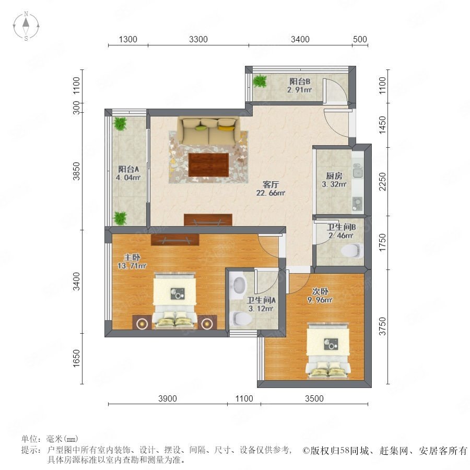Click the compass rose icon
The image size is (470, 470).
tap(26, 26)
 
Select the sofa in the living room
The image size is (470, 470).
tap(209, 131)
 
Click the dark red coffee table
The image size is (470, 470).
tap(208, 165)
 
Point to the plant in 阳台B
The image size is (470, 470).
tap(260, 80)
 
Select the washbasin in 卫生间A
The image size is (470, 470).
tap(239, 284)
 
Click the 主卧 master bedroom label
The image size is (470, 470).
tap(132, 257)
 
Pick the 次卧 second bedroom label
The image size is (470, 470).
tap(320, 291)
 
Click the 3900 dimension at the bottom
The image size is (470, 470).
tap(168, 398)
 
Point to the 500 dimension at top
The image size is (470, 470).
tap(360, 39)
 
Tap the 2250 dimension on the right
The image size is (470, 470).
tap(383, 182)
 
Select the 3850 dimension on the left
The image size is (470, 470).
tap(77, 171)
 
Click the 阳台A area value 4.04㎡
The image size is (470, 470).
tap(128, 178)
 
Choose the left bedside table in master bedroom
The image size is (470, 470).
tap(142, 323)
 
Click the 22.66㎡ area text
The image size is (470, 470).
tap(271, 193)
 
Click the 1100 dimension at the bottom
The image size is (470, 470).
tap(244, 398)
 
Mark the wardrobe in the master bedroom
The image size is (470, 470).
tap(175, 240)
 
